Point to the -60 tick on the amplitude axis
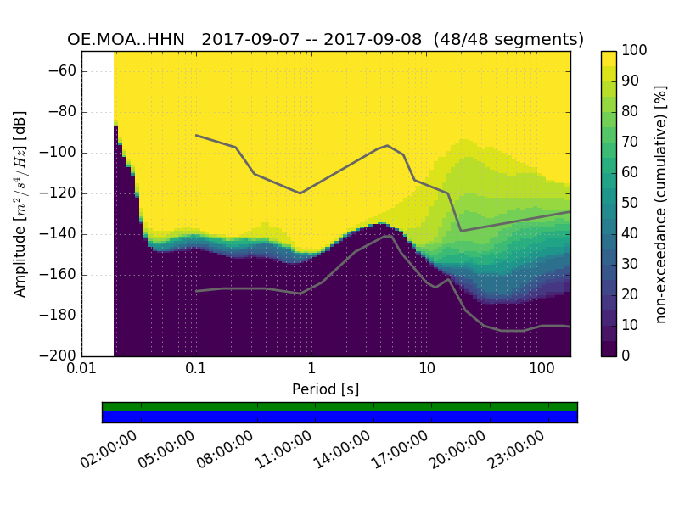(62, 71)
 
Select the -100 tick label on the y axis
(59, 153)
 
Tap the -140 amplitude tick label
(59, 234)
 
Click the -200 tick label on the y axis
(59, 355)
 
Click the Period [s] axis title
(326, 389)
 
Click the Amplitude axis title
(20, 204)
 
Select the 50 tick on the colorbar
(631, 203)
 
